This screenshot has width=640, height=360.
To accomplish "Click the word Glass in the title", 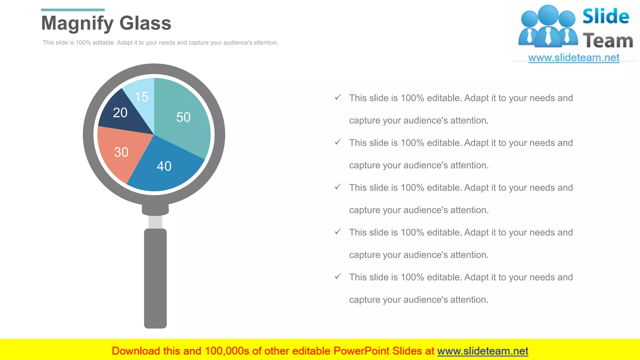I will [x=145, y=23].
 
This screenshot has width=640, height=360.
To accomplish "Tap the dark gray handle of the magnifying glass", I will [x=155, y=278].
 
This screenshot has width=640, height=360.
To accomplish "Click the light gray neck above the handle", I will [x=155, y=222].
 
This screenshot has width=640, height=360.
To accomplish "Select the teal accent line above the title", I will [x=73, y=10].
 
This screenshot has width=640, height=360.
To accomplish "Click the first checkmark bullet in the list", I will [x=338, y=97].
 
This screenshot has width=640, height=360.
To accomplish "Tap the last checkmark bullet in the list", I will [x=338, y=277].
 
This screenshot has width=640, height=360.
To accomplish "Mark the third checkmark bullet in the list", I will [x=338, y=187].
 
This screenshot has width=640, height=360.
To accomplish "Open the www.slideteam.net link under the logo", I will [x=574, y=58].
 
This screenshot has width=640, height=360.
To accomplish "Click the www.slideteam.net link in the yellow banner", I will [x=483, y=351].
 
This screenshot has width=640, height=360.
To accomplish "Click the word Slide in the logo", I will [x=606, y=16].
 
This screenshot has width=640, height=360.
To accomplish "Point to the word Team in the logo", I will [x=608, y=41].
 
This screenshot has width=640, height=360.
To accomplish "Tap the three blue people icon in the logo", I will [x=548, y=27].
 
